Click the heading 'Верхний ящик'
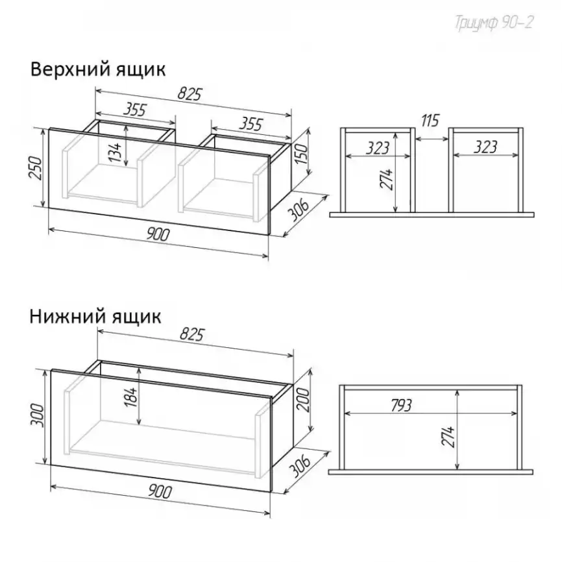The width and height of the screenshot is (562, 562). (98, 69)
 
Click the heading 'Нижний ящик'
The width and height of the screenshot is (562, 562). (95, 317)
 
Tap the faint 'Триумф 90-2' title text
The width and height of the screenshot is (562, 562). (495, 23)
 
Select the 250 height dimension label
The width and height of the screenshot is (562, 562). (36, 167)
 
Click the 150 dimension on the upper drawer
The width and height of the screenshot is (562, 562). (302, 153)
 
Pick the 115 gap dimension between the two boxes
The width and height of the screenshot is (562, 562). (430, 121)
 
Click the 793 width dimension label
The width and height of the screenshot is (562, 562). (401, 406)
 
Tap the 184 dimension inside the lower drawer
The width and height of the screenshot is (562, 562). (131, 397)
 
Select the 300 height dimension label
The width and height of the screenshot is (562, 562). (36, 416)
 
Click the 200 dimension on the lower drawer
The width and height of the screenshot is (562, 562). (303, 400)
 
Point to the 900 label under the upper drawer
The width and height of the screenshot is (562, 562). (158, 235)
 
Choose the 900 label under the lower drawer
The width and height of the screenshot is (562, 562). (160, 491)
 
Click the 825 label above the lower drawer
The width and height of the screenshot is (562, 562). (191, 334)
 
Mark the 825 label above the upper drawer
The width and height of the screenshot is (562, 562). (190, 94)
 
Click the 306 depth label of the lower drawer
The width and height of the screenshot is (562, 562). (299, 466)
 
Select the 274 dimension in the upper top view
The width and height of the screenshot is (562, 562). (387, 179)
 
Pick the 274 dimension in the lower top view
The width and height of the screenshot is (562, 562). (448, 437)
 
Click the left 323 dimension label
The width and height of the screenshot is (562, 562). (378, 148)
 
